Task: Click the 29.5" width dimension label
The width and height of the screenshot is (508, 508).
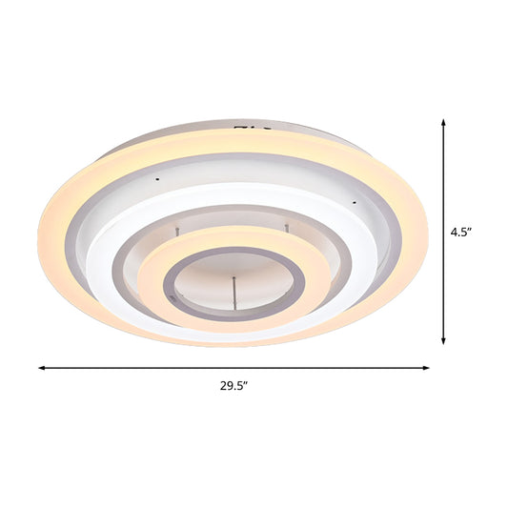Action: [x=234, y=386]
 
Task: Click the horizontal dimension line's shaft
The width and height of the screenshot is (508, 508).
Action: [x=234, y=367]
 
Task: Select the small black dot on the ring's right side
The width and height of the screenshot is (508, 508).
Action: [x=353, y=201]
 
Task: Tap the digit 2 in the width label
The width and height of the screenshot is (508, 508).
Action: [x=221, y=386]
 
